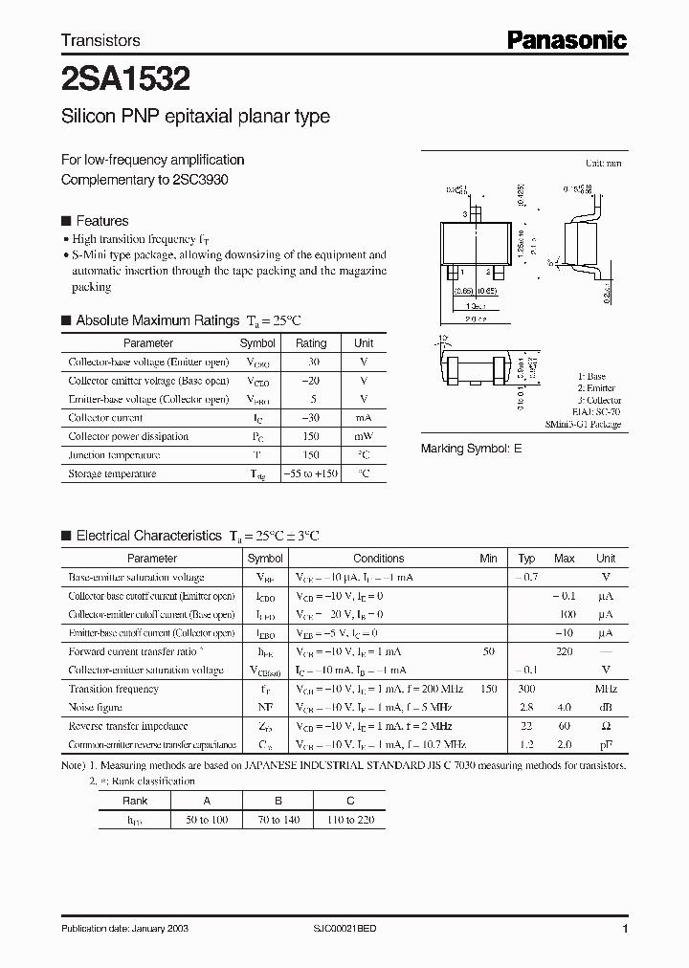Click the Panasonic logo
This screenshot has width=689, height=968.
coord(567,40)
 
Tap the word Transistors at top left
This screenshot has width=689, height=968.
coord(100,40)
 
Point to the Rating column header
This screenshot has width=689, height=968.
coord(311,342)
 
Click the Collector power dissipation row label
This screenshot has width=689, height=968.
coord(128,436)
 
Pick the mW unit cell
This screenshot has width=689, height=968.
coord(364,436)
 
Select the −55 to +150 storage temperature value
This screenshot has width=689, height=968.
coord(311,473)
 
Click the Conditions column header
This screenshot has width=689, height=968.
coord(378,558)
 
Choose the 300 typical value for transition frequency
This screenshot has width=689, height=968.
coord(526,689)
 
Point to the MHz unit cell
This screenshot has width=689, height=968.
coord(605,689)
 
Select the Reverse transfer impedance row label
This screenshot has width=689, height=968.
coord(128,726)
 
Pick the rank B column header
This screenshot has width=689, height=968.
coord(278,801)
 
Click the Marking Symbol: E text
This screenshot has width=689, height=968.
coord(472,449)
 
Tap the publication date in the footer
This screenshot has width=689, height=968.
coord(120,930)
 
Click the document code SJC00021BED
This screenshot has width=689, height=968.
coord(346,930)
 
